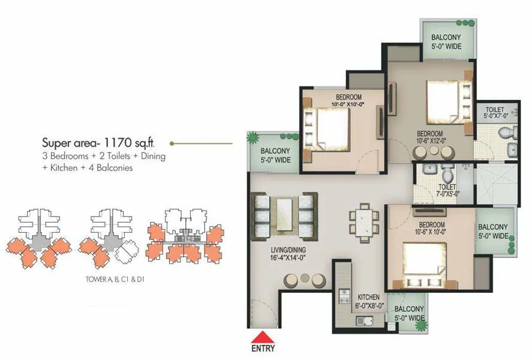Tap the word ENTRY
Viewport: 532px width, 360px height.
263,349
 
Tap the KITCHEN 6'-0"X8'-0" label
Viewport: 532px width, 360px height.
368,301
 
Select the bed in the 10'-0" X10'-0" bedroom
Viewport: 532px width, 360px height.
326,126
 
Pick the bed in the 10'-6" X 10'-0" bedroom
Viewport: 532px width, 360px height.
428,263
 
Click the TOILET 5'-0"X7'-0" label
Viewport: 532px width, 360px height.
495,112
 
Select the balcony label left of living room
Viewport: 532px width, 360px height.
275,155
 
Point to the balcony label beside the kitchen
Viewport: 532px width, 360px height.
410,314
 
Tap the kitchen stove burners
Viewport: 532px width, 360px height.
345,296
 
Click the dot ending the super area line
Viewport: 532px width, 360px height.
172,143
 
